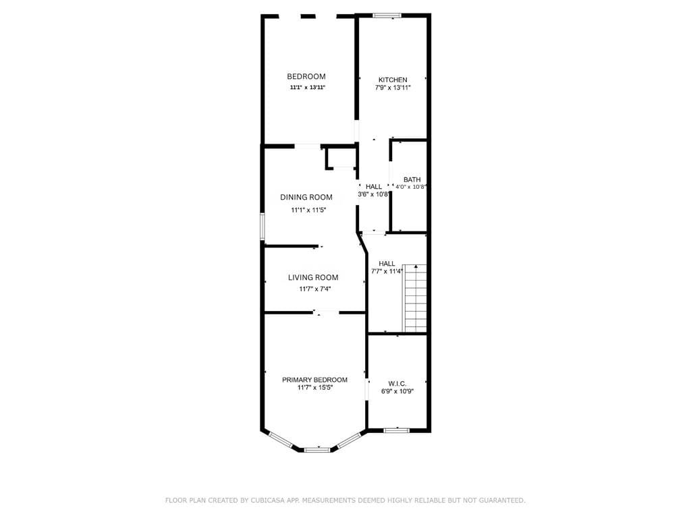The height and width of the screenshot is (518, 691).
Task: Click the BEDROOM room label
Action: click(x=306, y=77)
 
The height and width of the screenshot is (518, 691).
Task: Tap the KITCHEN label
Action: click(x=393, y=80)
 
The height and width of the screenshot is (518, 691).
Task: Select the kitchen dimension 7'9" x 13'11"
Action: click(x=393, y=88)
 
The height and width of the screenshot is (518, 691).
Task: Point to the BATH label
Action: click(x=412, y=179)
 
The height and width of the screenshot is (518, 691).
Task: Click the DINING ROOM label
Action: click(x=306, y=198)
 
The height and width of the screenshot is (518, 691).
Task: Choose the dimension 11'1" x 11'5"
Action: click(x=308, y=210)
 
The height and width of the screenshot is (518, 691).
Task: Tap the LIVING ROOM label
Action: click(x=313, y=277)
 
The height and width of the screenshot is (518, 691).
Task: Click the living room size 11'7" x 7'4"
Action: click(x=315, y=289)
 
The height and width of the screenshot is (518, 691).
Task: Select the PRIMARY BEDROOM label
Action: click(x=314, y=380)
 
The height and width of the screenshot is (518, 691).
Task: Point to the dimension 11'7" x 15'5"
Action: click(x=314, y=388)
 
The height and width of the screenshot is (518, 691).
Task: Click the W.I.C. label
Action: click(x=397, y=383)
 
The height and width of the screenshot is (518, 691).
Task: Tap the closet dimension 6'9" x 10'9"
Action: click(x=397, y=391)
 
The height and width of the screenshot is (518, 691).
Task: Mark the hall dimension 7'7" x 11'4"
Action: click(x=387, y=271)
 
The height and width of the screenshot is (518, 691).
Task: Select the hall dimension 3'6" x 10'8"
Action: click(x=373, y=194)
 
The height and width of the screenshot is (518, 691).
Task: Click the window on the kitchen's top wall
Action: click(x=387, y=15)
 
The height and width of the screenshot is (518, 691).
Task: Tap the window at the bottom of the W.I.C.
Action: click(x=396, y=429)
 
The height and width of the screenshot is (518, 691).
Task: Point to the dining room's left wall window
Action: click(x=263, y=226)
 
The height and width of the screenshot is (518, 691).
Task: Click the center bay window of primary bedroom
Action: click(x=316, y=449)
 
